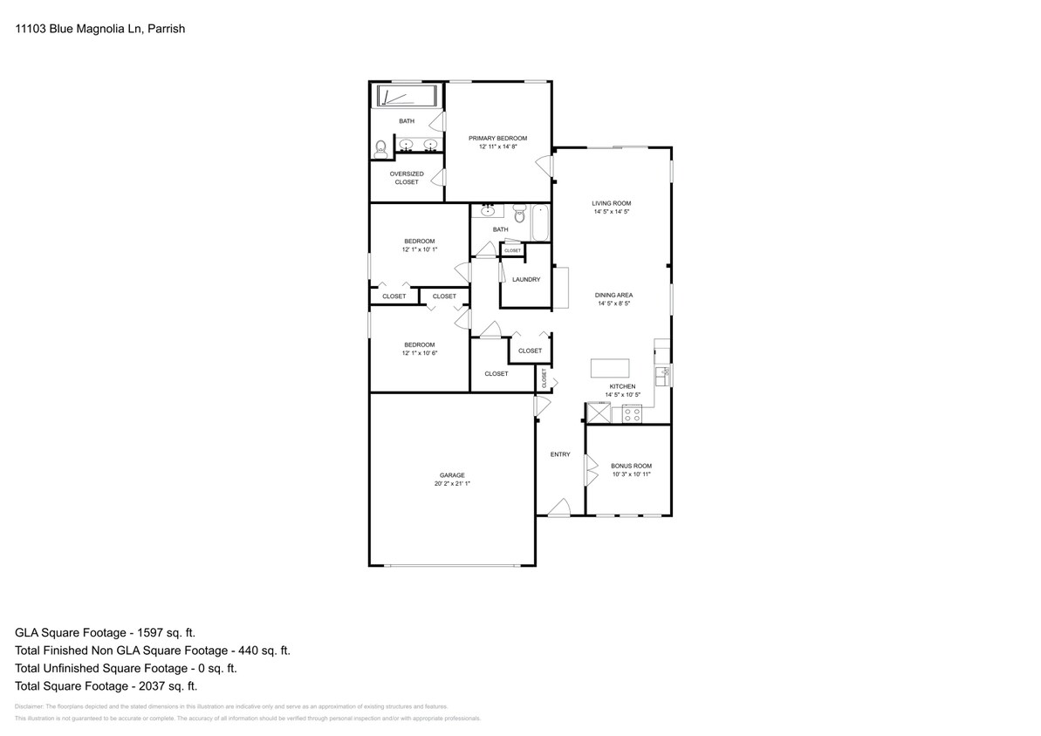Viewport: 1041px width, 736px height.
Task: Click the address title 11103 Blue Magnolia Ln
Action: [x=100, y=29]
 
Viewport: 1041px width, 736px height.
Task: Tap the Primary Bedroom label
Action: [x=497, y=138]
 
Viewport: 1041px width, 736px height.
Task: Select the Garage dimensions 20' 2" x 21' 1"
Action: [x=452, y=483]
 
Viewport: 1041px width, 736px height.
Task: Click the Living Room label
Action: [x=611, y=203]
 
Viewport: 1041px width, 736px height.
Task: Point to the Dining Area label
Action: [x=613, y=296]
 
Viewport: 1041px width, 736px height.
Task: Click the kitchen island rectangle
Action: [x=610, y=367]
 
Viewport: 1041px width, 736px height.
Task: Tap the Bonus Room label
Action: [x=631, y=466]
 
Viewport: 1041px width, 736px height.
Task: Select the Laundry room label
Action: [x=526, y=279]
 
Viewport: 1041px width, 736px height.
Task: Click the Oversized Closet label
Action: [x=407, y=178]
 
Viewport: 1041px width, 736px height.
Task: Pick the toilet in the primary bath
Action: [x=380, y=150]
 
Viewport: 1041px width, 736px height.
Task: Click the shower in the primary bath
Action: [x=407, y=96]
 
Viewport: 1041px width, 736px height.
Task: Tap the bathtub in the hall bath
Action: [x=540, y=223]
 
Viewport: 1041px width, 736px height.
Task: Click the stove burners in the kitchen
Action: [x=631, y=412]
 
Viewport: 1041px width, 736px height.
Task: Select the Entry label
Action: [x=560, y=453]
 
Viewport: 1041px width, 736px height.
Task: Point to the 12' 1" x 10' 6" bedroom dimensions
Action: [x=419, y=353]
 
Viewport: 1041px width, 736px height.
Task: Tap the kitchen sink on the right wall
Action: [x=665, y=372]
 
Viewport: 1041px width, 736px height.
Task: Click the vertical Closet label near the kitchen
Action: [x=544, y=378]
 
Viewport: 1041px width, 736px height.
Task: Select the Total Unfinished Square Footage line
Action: [x=126, y=668]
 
